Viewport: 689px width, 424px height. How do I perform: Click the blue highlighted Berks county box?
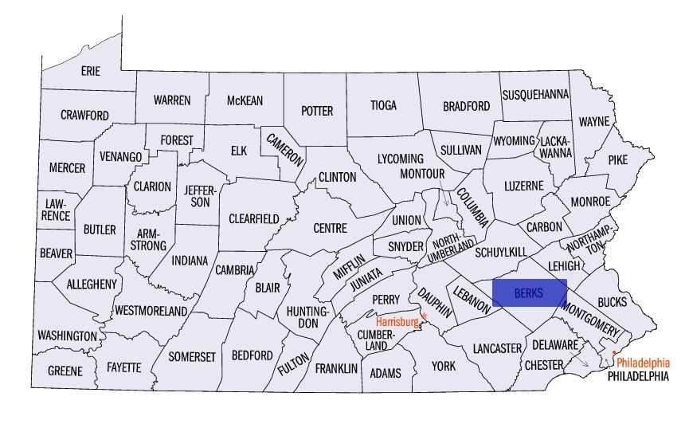[529, 292]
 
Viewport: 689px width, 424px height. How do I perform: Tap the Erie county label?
[91, 71]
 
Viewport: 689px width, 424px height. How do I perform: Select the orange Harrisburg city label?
[397, 322]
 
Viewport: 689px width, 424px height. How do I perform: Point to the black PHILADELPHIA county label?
[638, 375]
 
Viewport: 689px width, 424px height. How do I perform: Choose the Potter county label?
[316, 111]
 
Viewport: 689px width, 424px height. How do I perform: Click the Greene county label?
[65, 371]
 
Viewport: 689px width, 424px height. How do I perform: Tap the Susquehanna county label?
[535, 94]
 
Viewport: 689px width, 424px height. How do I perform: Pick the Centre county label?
[330, 228]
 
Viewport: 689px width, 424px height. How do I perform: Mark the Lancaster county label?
[496, 348]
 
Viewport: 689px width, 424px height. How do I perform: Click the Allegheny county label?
[92, 284]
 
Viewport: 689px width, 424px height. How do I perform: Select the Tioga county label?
[382, 105]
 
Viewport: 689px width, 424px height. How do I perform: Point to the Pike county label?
[617, 159]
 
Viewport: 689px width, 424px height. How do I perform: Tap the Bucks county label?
[611, 302]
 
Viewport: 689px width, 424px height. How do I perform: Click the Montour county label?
[421, 173]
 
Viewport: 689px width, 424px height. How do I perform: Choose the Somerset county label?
[191, 357]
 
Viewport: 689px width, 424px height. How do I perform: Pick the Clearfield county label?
[253, 218]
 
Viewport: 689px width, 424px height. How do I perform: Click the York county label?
[443, 366]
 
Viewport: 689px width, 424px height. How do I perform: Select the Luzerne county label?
[523, 186]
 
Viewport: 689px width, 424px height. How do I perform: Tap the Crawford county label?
[84, 116]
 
